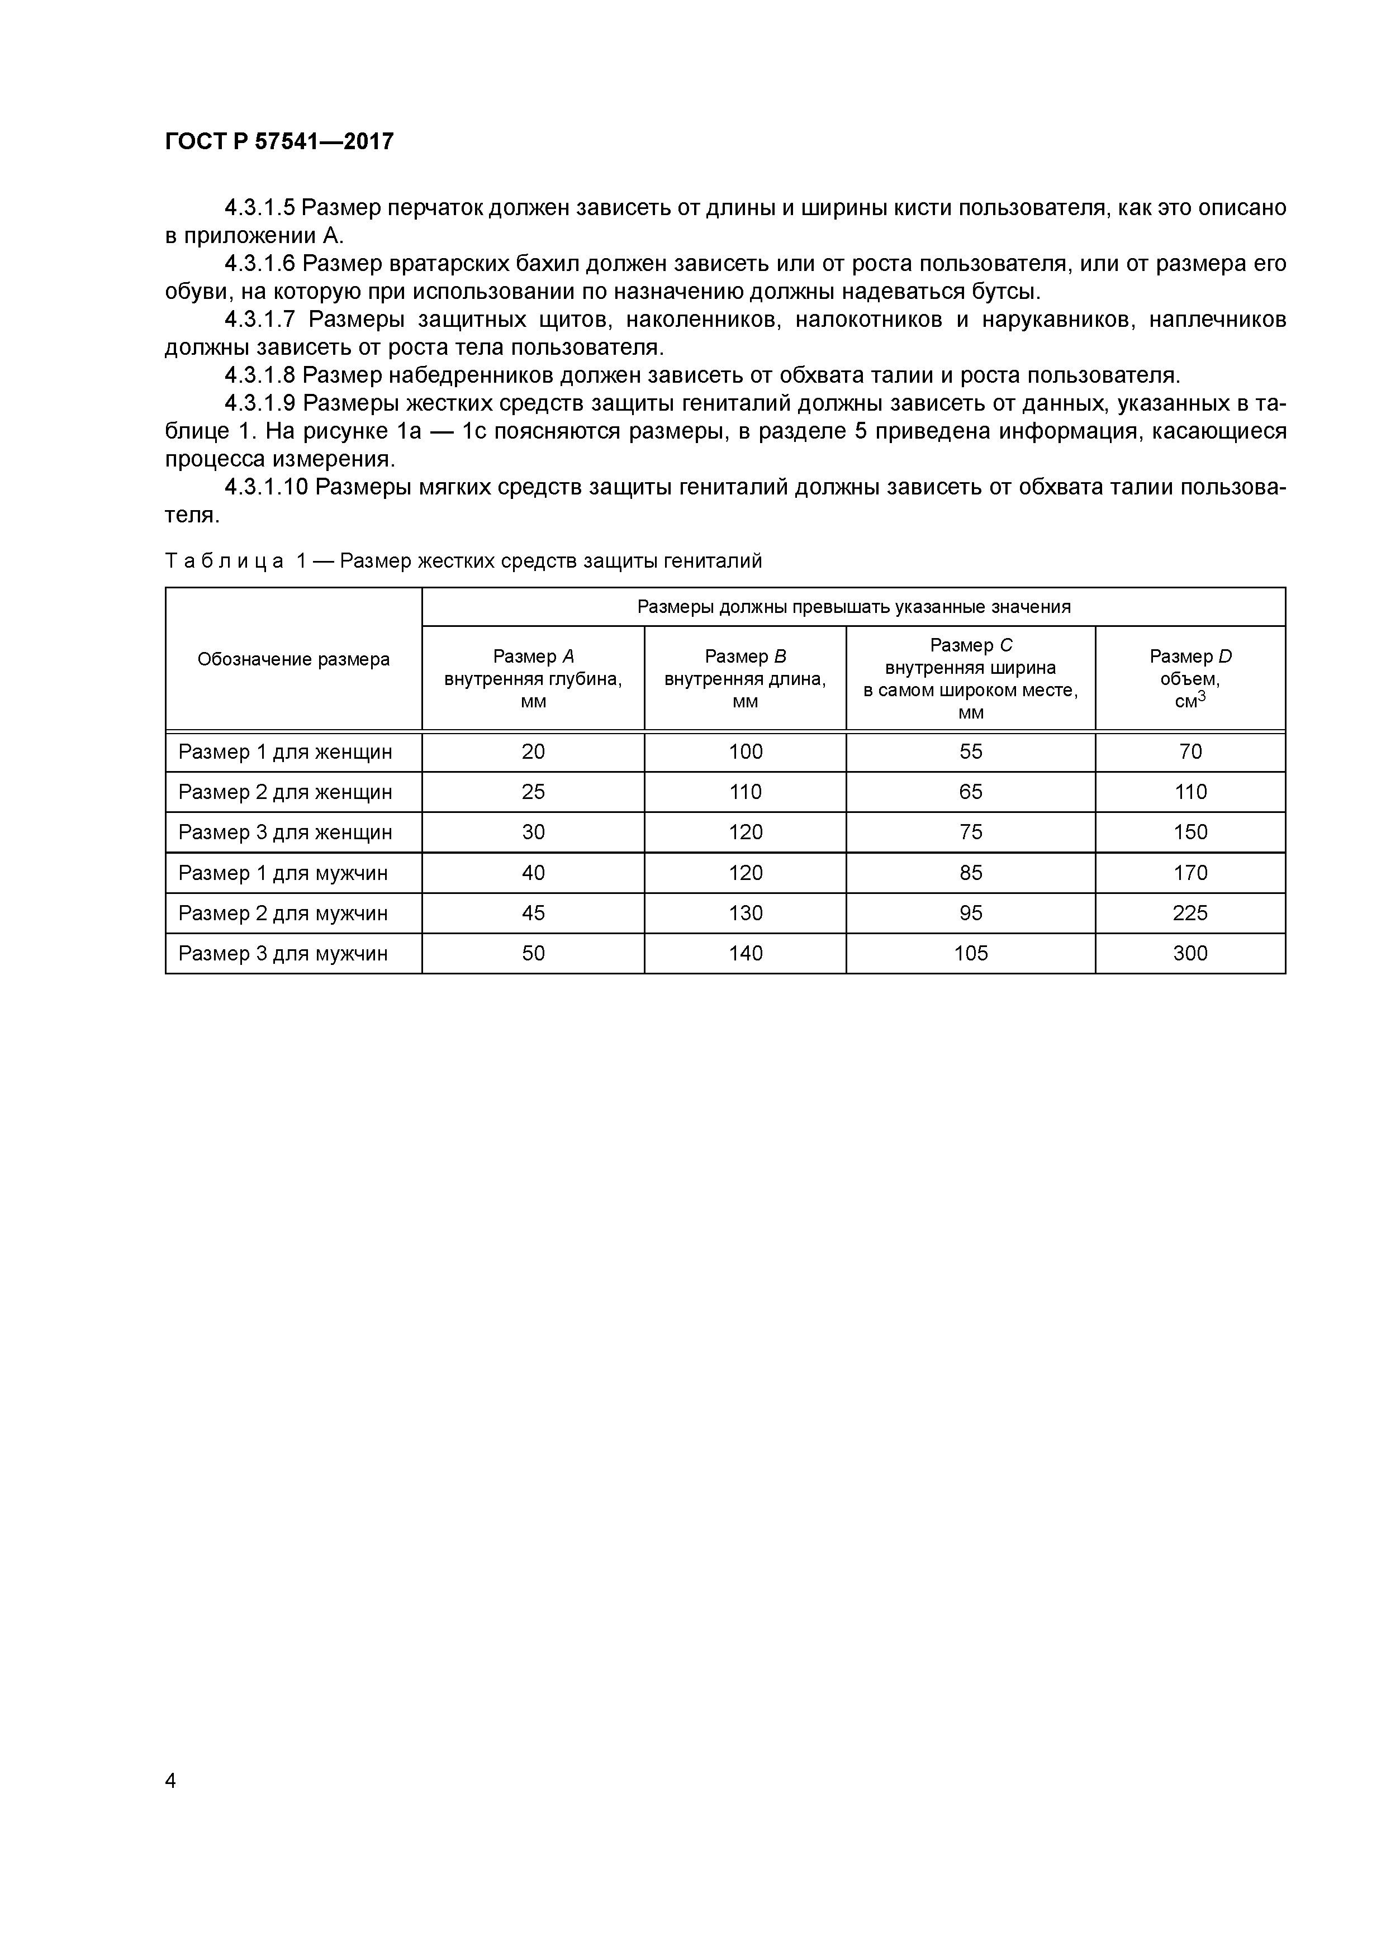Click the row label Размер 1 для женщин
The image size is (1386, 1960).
pos(285,752)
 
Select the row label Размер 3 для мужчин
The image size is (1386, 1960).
pos(283,954)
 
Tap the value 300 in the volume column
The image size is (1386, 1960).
pos(1190,954)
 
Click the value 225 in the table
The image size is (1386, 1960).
pos(1190,914)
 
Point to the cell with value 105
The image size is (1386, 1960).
pos(970,954)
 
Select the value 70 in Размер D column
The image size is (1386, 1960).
pos(1190,752)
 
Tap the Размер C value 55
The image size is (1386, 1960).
pos(970,752)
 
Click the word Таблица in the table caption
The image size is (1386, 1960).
pos(224,562)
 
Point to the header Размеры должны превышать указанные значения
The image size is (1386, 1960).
pos(853,607)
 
